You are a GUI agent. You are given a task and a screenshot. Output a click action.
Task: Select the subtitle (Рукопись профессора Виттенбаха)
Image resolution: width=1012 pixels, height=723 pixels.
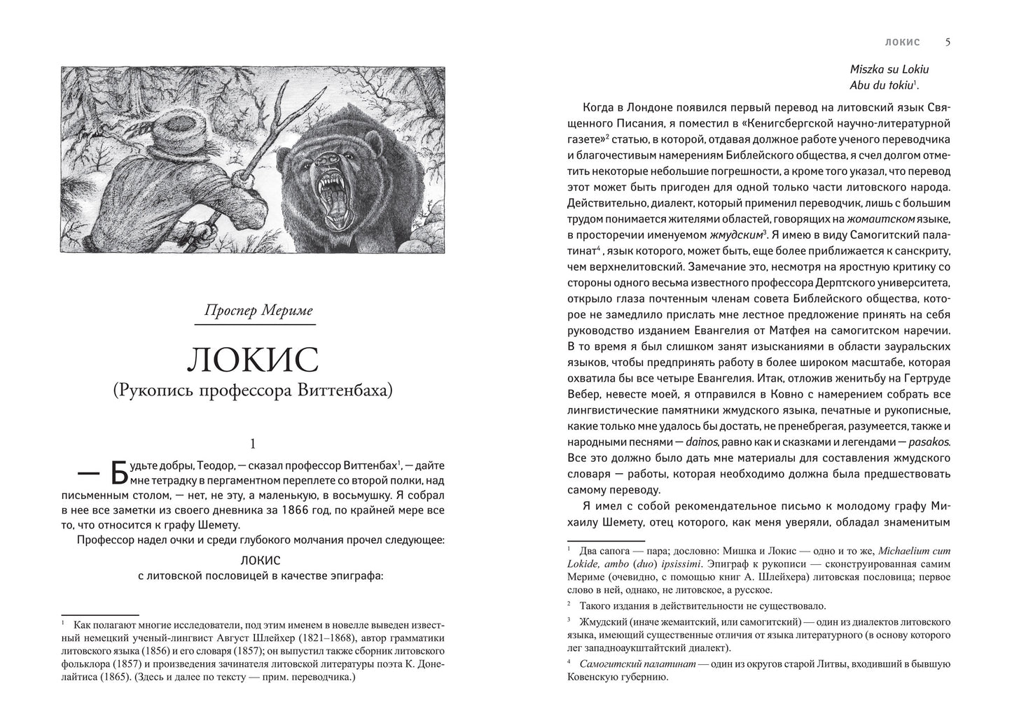click(x=254, y=391)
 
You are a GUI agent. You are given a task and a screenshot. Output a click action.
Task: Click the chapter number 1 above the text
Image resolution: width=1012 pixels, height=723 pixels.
click(x=254, y=443)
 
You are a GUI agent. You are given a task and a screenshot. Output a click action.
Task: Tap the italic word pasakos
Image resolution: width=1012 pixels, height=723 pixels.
click(x=931, y=442)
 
